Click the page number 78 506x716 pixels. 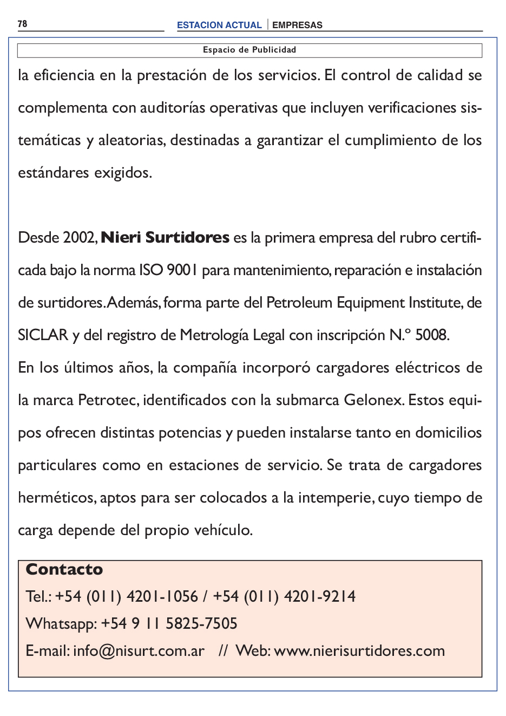coord(22,24)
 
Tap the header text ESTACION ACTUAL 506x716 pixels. coord(219,25)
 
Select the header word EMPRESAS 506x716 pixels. coord(297,25)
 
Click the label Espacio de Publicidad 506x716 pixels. coord(249,50)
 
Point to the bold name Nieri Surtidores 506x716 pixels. coord(165,238)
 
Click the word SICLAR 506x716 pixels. coord(43,335)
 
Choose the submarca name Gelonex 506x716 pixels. coord(373,400)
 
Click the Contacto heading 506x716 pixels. coord(64,570)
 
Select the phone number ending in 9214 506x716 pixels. coord(284,597)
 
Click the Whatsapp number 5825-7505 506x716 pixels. coord(201,624)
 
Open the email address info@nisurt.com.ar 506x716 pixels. coord(139,651)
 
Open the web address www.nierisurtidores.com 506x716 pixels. coord(359,651)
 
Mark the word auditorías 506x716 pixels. coord(173,108)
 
